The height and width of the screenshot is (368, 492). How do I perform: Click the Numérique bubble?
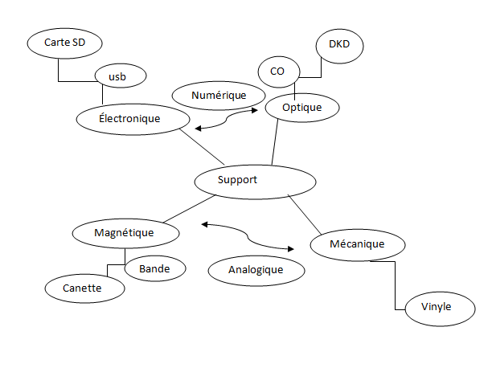(x=219, y=95)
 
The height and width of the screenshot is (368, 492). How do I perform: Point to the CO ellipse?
(x=277, y=72)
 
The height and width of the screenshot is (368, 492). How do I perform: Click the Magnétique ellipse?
(x=125, y=233)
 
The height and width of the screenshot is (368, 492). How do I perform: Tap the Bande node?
(x=155, y=268)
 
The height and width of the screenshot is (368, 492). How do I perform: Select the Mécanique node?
(x=357, y=244)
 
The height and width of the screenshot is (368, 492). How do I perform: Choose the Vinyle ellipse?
(x=437, y=307)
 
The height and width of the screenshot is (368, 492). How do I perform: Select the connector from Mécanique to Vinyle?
(x=396, y=289)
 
